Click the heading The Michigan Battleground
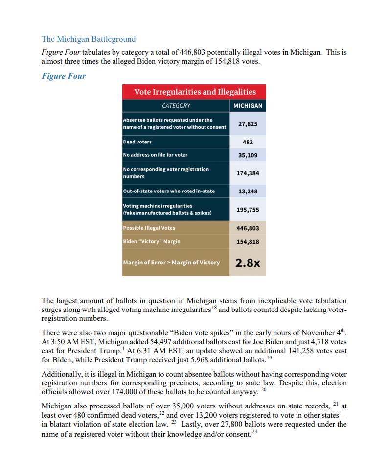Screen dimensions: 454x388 click(89, 39)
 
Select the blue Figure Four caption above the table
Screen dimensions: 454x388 click(64, 76)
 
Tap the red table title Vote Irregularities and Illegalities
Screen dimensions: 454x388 click(195, 92)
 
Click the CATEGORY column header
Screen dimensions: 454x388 click(176, 106)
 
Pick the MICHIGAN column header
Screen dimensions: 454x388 click(248, 106)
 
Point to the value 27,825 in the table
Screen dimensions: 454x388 click(248, 124)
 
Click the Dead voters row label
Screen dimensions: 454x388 click(137, 142)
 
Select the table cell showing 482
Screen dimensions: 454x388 click(248, 142)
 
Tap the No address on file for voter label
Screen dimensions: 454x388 click(155, 155)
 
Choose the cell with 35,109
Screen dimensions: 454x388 click(248, 155)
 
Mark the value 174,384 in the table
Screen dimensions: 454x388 click(248, 173)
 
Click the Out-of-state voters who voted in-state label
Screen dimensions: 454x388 click(169, 191)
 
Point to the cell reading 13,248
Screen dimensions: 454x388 click(248, 191)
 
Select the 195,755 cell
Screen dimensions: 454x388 click(248, 210)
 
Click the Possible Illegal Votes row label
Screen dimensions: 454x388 click(149, 228)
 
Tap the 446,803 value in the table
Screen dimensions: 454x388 click(248, 228)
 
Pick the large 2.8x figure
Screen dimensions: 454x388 click(248, 263)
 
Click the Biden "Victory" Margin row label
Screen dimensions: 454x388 click(152, 241)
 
